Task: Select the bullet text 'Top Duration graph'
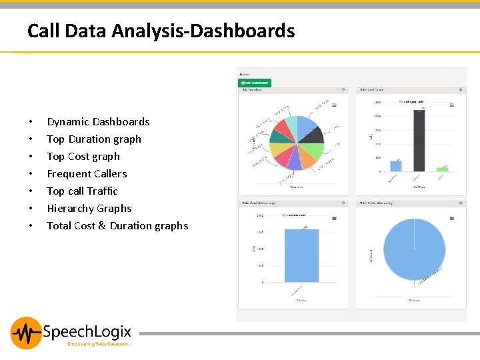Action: pyautogui.click(x=94, y=139)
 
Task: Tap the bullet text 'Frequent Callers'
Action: pyautogui.click(x=87, y=174)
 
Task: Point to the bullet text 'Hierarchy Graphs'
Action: pyautogui.click(x=89, y=209)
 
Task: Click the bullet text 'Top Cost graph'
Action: pyautogui.click(x=83, y=157)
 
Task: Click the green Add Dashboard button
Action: pyautogui.click(x=255, y=83)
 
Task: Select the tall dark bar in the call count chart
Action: pyautogui.click(x=419, y=141)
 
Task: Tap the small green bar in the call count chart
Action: pyautogui.click(x=442, y=169)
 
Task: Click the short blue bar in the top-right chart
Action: pyautogui.click(x=396, y=166)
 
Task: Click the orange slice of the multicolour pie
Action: pyautogui.click(x=309, y=156)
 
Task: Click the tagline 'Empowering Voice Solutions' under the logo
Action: pyautogui.click(x=99, y=344)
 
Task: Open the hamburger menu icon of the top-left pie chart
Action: pyautogui.click(x=334, y=105)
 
